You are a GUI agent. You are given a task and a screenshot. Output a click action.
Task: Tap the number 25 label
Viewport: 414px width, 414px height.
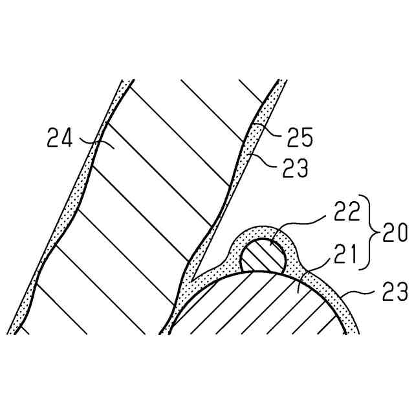[x=300, y=137]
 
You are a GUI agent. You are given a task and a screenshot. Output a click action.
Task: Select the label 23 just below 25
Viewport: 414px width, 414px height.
[x=294, y=169]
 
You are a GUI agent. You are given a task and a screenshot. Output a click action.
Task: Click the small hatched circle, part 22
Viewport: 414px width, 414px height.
[x=263, y=255]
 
